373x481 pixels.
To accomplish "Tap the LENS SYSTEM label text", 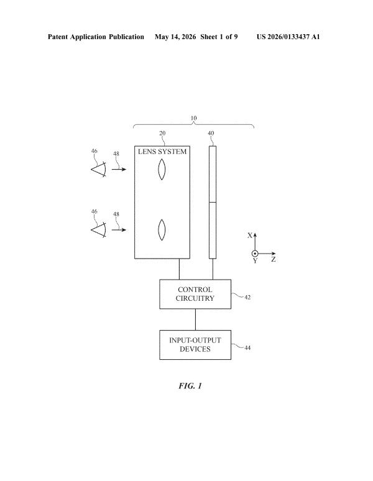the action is coord(162,152).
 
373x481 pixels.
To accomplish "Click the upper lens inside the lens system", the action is coord(162,169).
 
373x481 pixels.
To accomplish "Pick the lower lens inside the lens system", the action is coord(162,230).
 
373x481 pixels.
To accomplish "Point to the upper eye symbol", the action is coord(99,169).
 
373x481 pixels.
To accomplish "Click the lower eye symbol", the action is coord(99,230).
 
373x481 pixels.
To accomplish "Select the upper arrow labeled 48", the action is coord(119,169).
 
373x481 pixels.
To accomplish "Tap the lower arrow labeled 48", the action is coord(119,230).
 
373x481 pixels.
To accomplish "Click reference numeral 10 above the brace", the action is coord(193,118).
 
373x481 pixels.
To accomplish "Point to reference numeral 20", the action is coord(162,133).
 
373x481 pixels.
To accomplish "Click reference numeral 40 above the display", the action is coord(211,133).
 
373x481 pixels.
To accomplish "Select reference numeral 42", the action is coord(247,297).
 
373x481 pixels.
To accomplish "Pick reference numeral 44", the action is coord(247,348).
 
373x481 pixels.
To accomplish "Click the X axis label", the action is coord(250,236).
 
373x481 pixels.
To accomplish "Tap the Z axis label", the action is coord(274,260).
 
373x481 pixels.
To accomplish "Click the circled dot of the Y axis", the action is coord(255,254).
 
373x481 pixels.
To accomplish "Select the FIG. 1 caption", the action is coord(190,385).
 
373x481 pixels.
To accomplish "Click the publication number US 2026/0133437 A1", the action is coord(288,37).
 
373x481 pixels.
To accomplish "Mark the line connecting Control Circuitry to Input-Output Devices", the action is coord(195,319).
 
